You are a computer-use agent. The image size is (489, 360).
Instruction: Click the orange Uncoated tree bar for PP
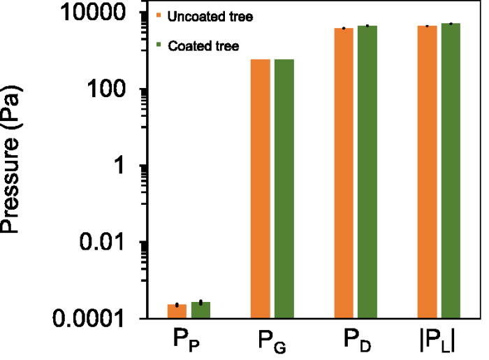[x=177, y=311]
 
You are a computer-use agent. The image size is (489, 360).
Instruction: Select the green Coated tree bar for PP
[x=200, y=310]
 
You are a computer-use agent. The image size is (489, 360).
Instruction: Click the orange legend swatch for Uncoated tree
[x=160, y=15]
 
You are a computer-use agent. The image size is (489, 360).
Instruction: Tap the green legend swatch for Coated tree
[x=160, y=46]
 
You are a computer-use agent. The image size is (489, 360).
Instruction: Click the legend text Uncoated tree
[x=205, y=15]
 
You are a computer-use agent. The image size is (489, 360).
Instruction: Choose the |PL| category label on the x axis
[x=439, y=343]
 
